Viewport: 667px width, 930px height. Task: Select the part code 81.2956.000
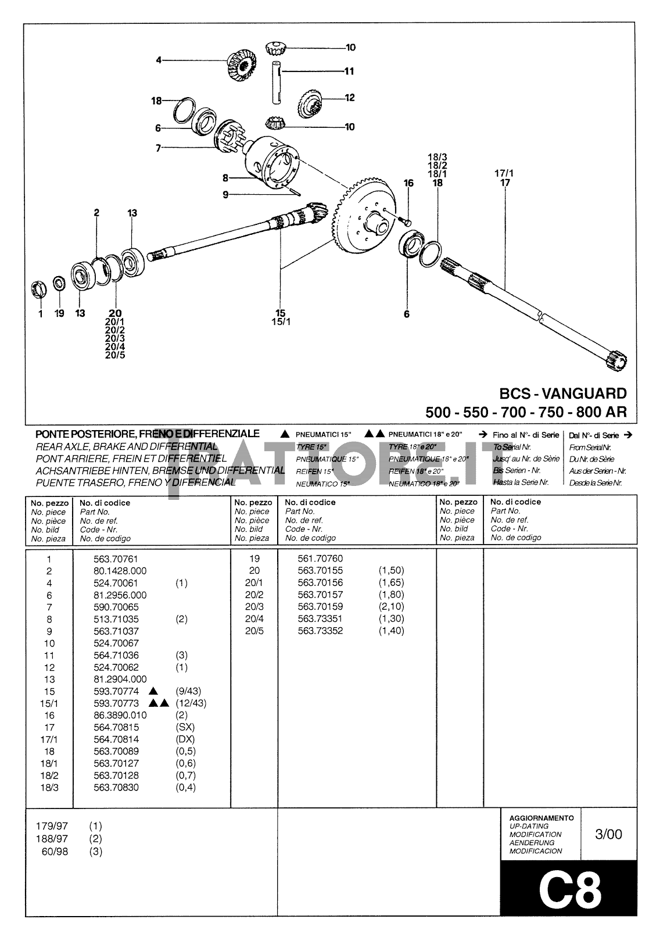(x=120, y=595)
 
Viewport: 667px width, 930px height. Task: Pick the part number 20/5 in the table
(x=254, y=631)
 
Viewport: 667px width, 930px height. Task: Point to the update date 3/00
(x=608, y=834)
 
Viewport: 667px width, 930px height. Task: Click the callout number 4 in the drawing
(x=158, y=59)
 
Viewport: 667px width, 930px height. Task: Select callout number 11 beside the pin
(x=349, y=71)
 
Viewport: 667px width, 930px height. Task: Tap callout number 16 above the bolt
(x=408, y=183)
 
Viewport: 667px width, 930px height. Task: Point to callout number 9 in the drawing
(x=225, y=195)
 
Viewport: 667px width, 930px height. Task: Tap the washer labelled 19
(x=59, y=284)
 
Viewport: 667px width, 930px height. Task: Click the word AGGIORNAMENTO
(x=541, y=817)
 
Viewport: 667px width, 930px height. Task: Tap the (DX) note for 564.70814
(x=185, y=739)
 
